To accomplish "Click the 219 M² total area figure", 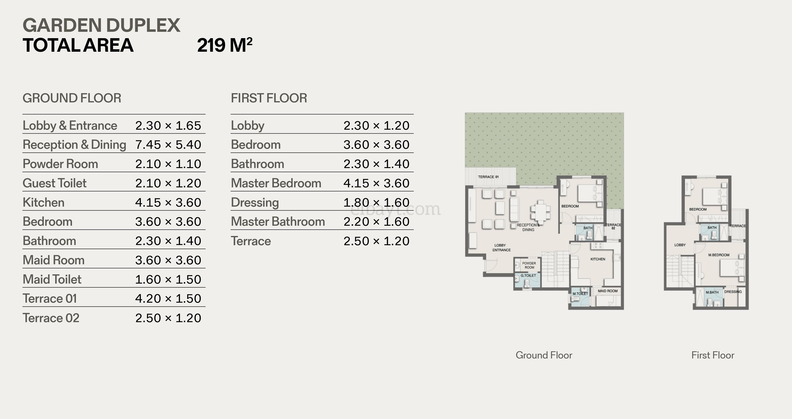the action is pos(225,45).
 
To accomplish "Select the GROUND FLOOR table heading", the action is pos(72,98).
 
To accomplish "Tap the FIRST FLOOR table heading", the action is pos(269,98).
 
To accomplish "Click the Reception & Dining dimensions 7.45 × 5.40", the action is pos(168,144).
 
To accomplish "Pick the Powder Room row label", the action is pos(60,164).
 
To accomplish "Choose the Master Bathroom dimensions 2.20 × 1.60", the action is pos(376,222).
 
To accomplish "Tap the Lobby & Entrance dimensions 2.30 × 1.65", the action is pos(168,125).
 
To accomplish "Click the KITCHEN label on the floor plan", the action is pos(598,259).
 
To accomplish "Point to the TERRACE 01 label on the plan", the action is pos(488,177).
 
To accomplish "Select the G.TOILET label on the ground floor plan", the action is pos(528,275).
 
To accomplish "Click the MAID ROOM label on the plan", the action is pos(608,291).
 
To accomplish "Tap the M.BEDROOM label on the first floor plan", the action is pos(719,255).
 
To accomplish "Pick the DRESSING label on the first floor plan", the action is pos(733,291).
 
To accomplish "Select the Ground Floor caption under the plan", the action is pos(544,355).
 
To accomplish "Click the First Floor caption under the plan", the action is pos(713,355).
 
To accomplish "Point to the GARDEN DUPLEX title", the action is pos(101,25).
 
